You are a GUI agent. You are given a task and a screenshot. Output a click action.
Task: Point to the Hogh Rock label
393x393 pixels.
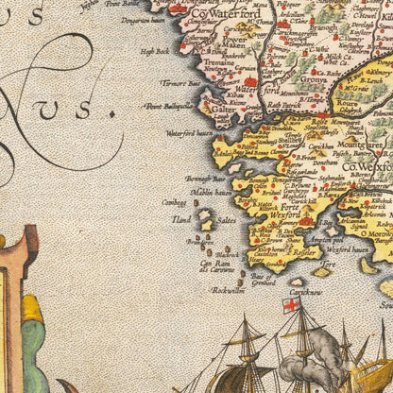coord(154,51)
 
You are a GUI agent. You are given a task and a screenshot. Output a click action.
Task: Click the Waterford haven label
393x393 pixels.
coord(189,133)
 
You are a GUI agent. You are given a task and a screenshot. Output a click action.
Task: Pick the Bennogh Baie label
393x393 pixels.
coord(205,177)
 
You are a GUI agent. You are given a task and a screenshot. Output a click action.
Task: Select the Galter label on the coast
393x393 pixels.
coord(224,109)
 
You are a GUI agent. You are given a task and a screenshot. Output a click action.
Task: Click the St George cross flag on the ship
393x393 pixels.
coord(291,304)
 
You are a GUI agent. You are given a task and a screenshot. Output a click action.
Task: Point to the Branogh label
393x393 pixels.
coord(322,28)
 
